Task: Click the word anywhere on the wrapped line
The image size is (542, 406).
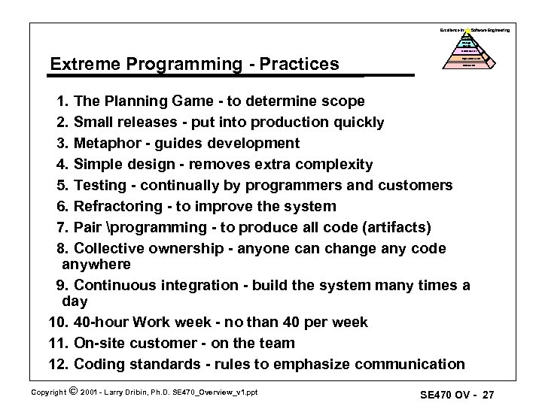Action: [96, 264]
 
